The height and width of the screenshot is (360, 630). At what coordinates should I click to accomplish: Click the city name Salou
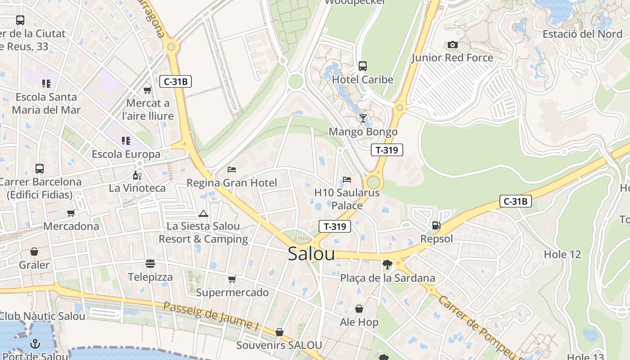311,254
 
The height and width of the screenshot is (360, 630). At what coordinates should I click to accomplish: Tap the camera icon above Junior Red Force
452,45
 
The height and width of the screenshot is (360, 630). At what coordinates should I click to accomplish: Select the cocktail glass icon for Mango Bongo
363,118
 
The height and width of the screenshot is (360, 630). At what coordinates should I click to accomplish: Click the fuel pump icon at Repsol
436,225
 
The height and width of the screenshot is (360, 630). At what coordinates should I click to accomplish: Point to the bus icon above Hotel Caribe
363,66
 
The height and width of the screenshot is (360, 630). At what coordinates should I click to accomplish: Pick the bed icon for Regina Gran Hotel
232,170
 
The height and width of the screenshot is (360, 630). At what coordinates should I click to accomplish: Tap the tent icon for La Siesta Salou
203,213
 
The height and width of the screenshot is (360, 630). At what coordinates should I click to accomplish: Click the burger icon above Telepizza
150,264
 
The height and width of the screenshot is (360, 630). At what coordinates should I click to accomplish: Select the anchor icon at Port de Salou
35,344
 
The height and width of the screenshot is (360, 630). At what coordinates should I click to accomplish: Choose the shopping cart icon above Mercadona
71,213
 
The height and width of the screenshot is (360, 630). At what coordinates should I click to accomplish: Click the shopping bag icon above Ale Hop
359,309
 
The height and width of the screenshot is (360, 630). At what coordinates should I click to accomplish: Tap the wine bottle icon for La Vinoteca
137,175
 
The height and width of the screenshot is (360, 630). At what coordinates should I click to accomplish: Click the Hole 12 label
562,254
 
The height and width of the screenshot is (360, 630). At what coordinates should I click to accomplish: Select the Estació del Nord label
582,34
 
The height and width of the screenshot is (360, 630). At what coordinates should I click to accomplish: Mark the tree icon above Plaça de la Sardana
387,265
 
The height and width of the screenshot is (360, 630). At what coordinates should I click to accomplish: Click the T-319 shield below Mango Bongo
387,150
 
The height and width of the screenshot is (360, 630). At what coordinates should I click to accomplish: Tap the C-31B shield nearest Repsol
515,201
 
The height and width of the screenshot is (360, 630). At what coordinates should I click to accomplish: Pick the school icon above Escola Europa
126,141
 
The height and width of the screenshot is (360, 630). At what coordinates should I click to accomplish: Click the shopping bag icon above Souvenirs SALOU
279,332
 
